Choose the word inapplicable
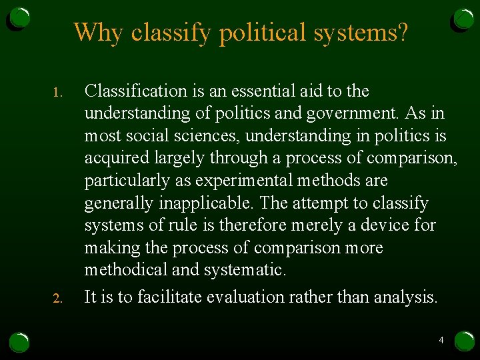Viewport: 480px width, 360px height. point(206,203)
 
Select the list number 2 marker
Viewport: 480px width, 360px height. point(57,298)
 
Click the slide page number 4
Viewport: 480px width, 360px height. point(441,341)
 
